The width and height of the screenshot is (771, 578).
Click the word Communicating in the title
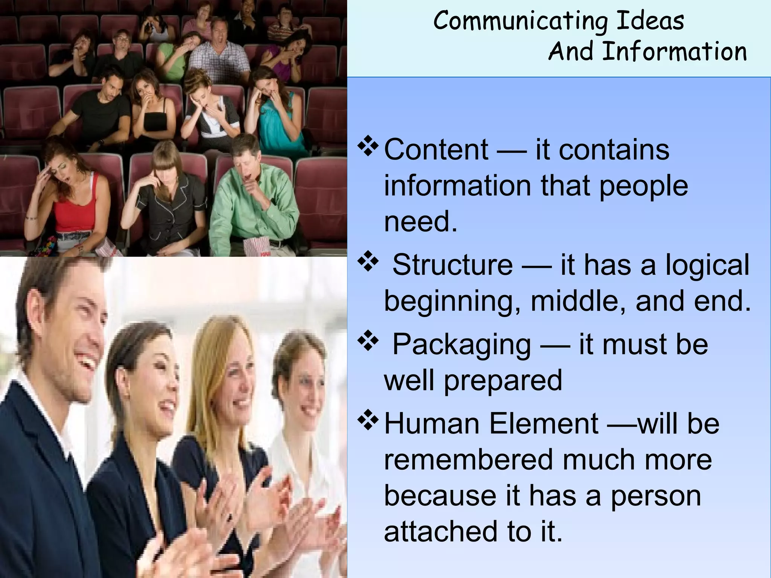pos(521,21)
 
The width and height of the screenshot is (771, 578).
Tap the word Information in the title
pos(674,52)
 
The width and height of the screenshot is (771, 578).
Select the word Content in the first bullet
pos(436,150)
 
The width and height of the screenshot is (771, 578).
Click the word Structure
pos(453,265)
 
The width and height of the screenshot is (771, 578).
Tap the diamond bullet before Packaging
pos(368,341)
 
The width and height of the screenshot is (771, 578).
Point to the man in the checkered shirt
pos(218,49)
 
